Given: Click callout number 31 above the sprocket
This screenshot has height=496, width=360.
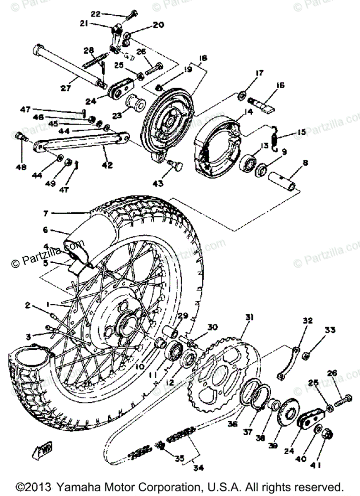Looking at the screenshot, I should pyautogui.click(x=249, y=317).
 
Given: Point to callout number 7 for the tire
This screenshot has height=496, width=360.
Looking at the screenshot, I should pyautogui.click(x=46, y=213).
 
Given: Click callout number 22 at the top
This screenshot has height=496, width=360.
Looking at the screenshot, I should pyautogui.click(x=95, y=14).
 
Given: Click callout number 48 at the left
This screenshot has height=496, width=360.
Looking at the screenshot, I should pyautogui.click(x=20, y=167).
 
